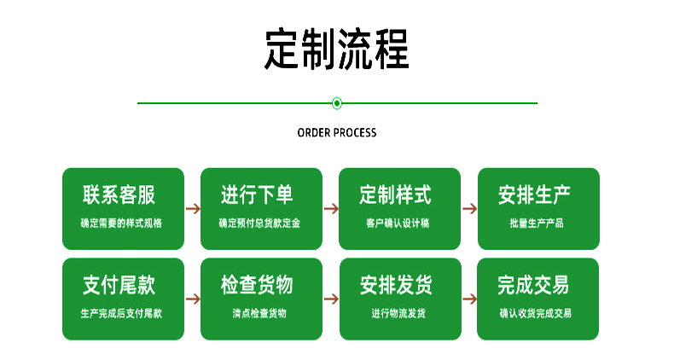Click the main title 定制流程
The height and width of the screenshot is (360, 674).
336,49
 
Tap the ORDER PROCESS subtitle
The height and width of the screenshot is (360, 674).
336,133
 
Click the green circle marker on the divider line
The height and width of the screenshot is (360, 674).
337,103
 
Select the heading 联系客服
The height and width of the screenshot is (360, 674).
119,195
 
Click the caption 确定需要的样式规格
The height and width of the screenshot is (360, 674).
121,224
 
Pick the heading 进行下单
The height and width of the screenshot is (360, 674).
258,195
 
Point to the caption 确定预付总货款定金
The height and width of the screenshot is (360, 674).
259,224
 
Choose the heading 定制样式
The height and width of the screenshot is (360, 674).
396,195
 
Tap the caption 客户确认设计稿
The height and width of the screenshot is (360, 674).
398,224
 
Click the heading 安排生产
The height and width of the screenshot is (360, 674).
534,195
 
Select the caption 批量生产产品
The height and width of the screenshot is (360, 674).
536,224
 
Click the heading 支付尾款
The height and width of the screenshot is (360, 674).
119,285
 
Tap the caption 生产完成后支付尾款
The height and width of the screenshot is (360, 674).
121,313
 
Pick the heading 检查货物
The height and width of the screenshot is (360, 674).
258,285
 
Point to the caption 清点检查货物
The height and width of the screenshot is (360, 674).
259,313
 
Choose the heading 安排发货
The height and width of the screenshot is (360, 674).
396,285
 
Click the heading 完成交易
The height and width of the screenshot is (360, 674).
534,285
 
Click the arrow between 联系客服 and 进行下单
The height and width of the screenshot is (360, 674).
193,208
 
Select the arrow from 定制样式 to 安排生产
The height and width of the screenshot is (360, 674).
469,208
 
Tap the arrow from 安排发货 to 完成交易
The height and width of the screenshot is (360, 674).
469,299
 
